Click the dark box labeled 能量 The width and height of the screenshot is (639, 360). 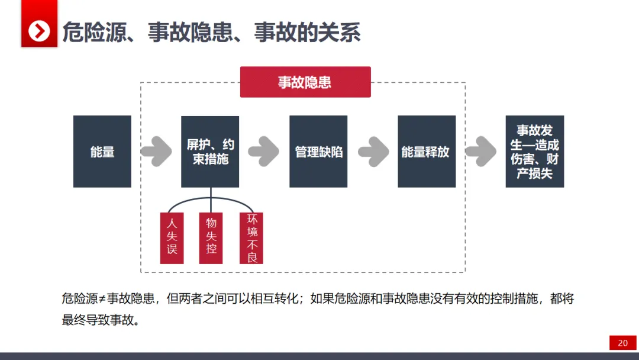[x=102, y=152]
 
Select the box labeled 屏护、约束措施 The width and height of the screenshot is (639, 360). [x=210, y=152]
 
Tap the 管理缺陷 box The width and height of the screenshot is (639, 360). [x=318, y=152]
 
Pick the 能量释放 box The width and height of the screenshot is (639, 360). [x=426, y=152]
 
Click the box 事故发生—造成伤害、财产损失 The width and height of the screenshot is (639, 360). [x=534, y=152]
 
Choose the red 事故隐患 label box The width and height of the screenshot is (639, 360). [x=305, y=82]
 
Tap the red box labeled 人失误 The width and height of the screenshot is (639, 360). [x=172, y=237]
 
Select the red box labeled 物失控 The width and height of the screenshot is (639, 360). [x=211, y=237]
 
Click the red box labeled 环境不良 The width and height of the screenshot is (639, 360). [x=251, y=237]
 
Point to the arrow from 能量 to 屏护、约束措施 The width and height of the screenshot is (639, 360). [x=156, y=152]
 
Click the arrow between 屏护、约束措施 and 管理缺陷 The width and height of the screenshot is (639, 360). [x=264, y=152]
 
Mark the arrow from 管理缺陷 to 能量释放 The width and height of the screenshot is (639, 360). [x=373, y=152]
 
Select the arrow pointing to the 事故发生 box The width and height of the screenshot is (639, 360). [x=480, y=152]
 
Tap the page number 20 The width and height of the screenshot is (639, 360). [x=622, y=343]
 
